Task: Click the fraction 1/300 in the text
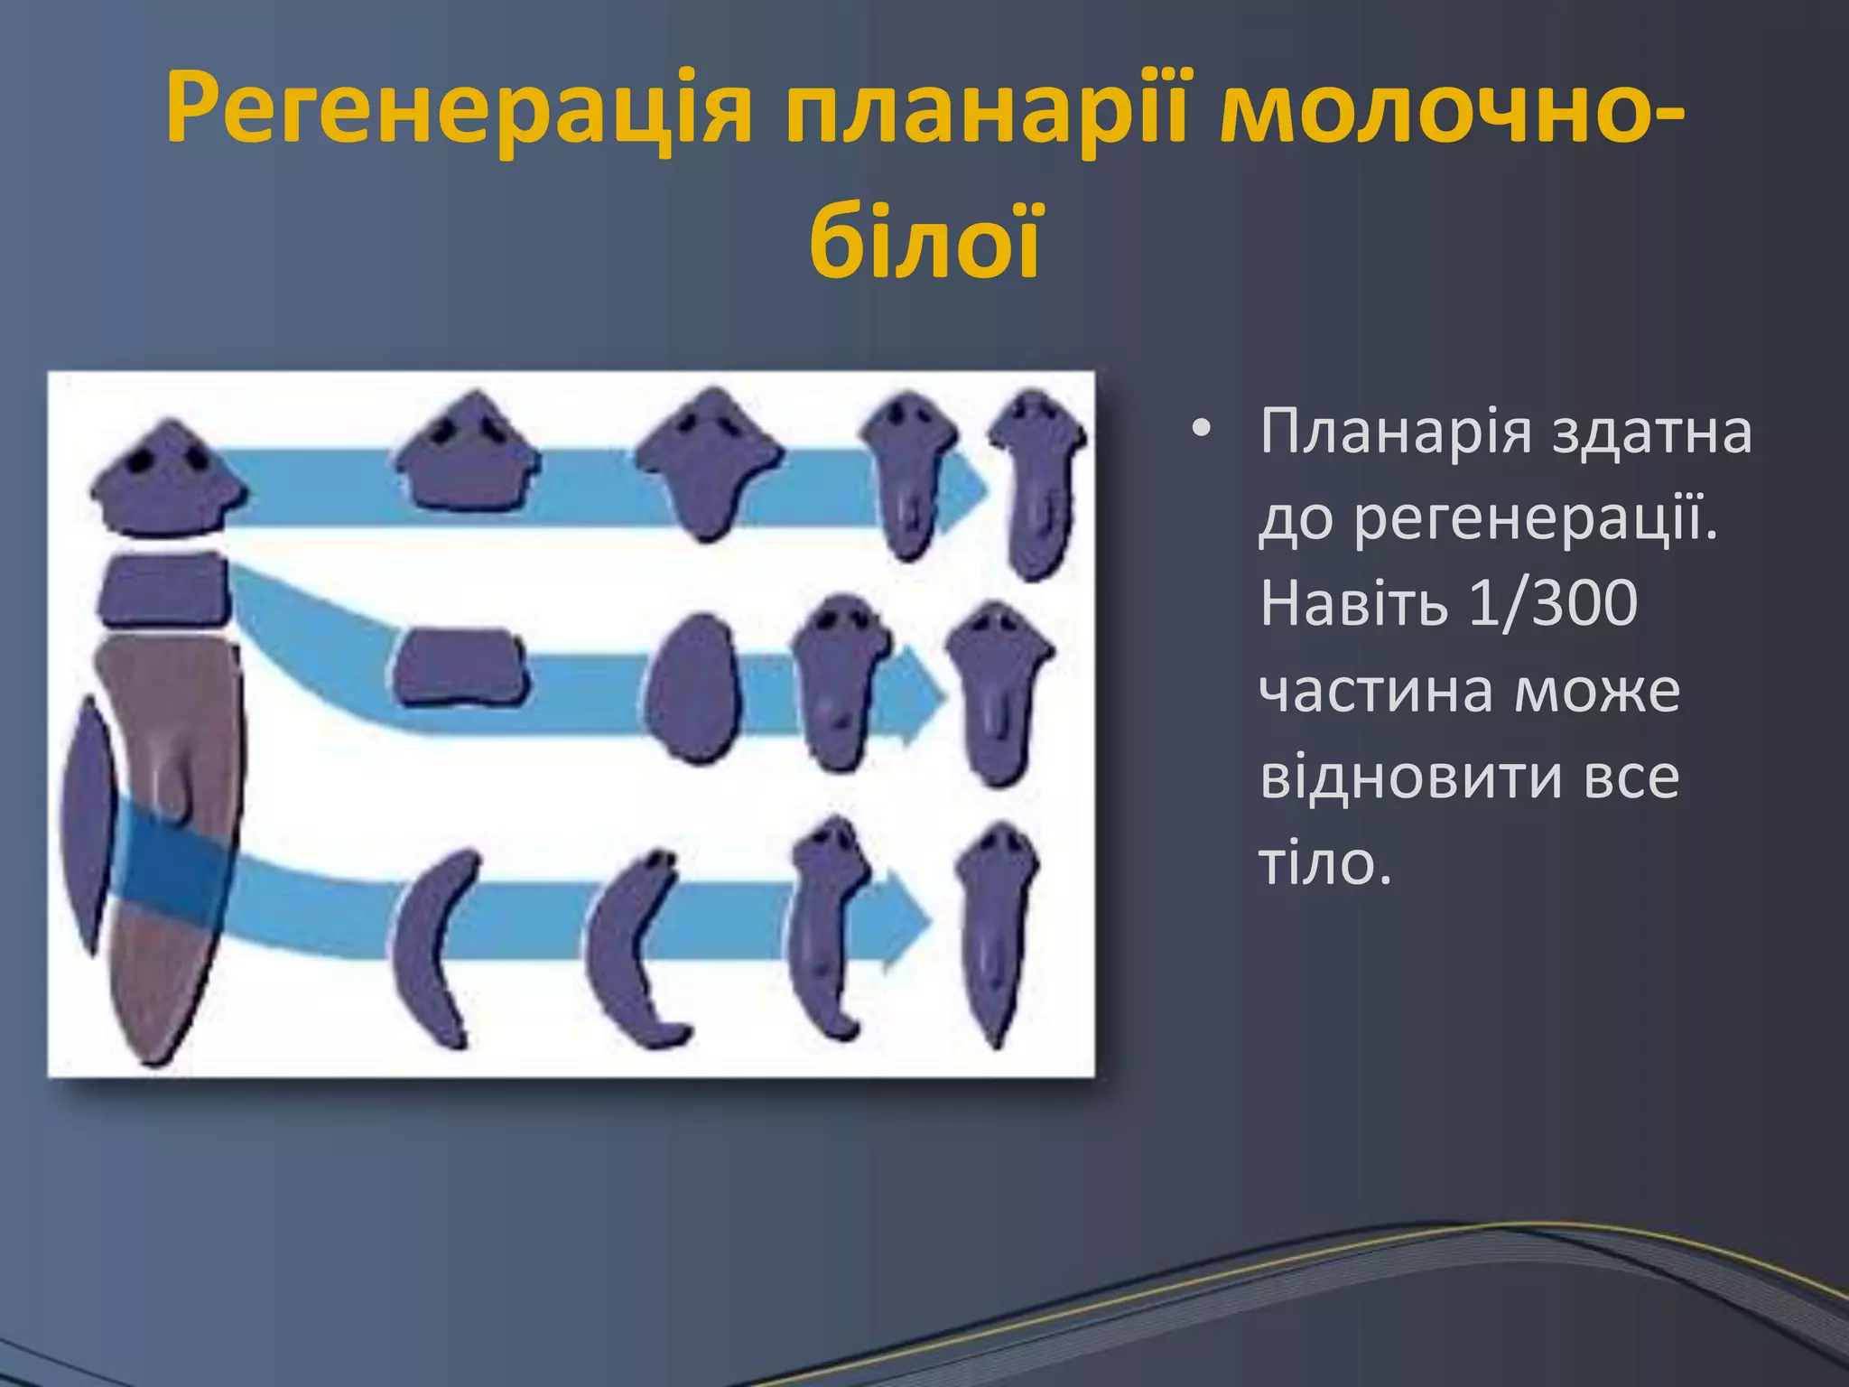(x=1551, y=603)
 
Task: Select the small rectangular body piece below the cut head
(x=164, y=589)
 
